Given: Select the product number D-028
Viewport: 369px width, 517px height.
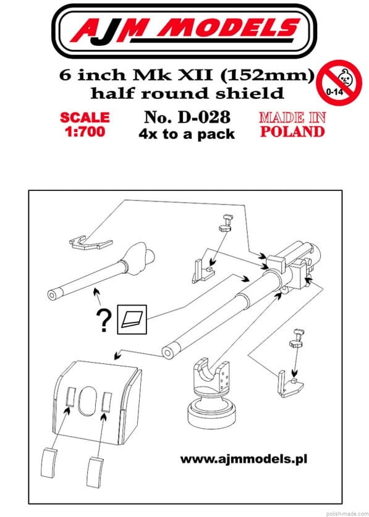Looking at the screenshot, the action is (203, 117).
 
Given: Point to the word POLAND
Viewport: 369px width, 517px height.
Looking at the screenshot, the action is (292, 132).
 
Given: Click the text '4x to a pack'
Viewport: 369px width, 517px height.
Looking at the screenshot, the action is (187, 134).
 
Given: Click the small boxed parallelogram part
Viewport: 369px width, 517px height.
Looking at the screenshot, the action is (132, 319).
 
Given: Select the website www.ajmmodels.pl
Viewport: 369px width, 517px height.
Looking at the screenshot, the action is (244, 459).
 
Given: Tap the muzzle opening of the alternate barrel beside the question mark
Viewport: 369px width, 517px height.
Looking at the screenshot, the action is (53, 295).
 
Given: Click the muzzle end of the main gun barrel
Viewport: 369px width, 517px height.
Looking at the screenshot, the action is (168, 352).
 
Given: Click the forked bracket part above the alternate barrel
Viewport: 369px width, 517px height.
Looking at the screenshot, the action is (90, 243).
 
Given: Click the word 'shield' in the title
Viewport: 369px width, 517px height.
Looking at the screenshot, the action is (253, 93).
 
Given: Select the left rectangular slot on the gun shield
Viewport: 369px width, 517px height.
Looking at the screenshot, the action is (71, 397).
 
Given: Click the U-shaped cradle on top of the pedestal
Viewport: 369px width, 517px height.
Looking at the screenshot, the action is (211, 377).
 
